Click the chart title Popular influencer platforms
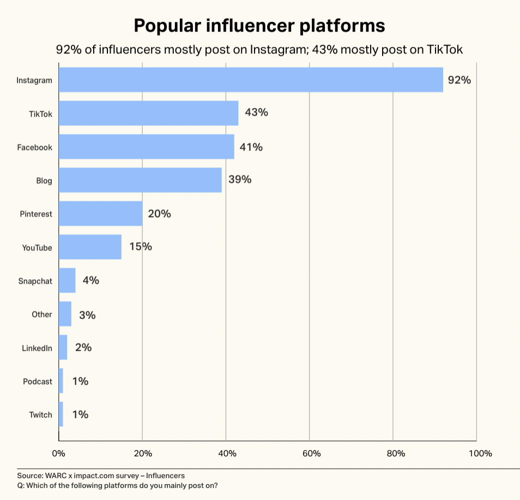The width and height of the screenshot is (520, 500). tap(259, 26)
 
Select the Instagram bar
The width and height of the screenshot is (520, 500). tap(251, 80)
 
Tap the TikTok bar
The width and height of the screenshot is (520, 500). tap(148, 113)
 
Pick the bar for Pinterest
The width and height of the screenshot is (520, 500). tap(100, 214)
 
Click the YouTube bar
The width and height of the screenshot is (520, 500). tap(90, 247)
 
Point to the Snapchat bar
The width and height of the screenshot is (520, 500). tap(67, 281)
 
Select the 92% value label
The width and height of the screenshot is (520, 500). tap(459, 80)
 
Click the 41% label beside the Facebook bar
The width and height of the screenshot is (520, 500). tap(251, 147)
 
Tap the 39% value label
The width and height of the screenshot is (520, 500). tap(240, 179)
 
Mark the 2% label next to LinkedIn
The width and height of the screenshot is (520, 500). tap(83, 347)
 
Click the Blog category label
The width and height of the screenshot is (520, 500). tap(44, 180)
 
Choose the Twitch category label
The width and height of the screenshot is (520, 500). tap(40, 415)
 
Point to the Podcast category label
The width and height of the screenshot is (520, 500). tap(38, 382)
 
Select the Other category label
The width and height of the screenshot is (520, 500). tap(42, 315)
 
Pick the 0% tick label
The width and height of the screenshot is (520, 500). tap(59, 454)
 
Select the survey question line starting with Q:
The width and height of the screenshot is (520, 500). tap(117, 485)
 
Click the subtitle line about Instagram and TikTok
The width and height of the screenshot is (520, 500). tap(259, 50)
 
